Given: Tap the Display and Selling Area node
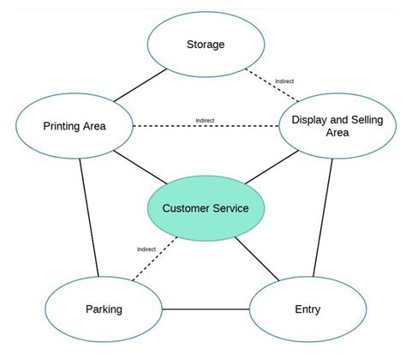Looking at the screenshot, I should (331, 125).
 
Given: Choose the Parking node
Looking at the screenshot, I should (104, 309).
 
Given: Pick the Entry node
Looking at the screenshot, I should (306, 309).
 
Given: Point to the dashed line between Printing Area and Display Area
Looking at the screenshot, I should (206, 127).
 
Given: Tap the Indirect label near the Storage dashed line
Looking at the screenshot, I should (284, 81).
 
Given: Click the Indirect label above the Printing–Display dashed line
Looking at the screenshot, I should (205, 120).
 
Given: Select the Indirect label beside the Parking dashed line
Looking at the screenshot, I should (146, 249).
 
